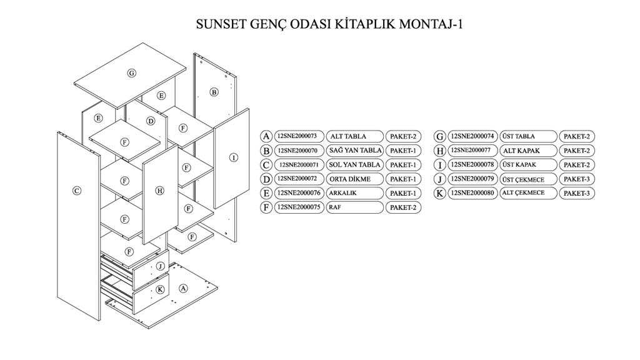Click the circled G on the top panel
(x=132, y=73)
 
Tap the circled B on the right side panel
(x=214, y=92)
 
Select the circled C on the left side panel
(x=76, y=191)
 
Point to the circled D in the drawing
(x=151, y=121)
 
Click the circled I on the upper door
(x=233, y=157)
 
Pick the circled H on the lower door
(x=160, y=191)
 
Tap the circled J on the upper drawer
(x=161, y=266)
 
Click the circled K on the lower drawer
(x=160, y=289)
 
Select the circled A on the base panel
(x=183, y=288)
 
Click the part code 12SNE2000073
(x=297, y=136)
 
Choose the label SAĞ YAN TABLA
(x=355, y=151)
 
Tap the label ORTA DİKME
(x=349, y=179)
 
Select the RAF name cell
(x=354, y=207)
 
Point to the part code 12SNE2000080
(x=472, y=193)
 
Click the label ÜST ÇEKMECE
(x=523, y=179)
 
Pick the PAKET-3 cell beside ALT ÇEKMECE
(x=576, y=193)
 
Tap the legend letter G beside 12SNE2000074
(x=440, y=136)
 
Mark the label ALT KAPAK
(x=521, y=151)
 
